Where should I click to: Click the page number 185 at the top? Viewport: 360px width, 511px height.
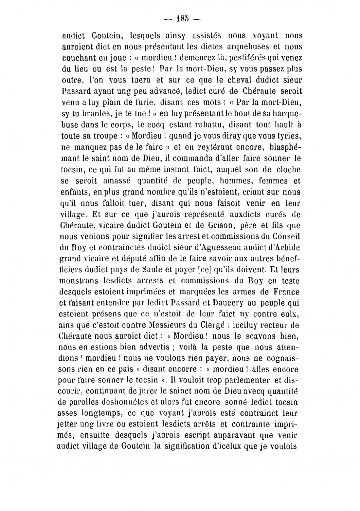[x=180, y=18]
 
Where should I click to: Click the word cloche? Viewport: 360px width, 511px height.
[x=285, y=169]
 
